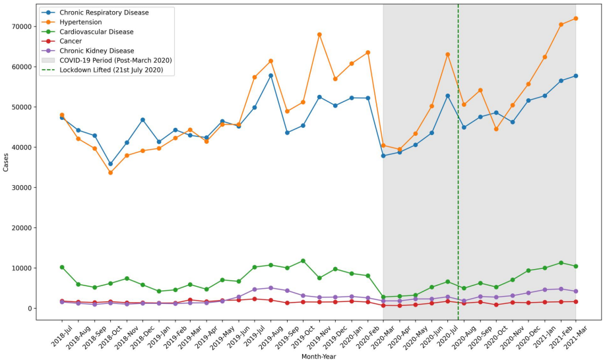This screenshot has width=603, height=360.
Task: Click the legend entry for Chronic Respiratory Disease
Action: (104, 13)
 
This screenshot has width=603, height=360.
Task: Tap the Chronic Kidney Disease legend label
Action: (96, 51)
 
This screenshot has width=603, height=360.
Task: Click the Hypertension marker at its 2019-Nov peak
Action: (319, 34)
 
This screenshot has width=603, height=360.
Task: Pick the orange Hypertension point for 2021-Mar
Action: (576, 18)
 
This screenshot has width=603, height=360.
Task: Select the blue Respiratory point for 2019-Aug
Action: (271, 76)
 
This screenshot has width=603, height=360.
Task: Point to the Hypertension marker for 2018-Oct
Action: (111, 173)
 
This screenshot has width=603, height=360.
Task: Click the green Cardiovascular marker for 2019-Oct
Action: (303, 261)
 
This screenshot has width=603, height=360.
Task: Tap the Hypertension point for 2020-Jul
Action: (448, 54)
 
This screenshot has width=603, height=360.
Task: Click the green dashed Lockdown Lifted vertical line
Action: (458, 198)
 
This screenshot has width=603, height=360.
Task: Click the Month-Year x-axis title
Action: (319, 357)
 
